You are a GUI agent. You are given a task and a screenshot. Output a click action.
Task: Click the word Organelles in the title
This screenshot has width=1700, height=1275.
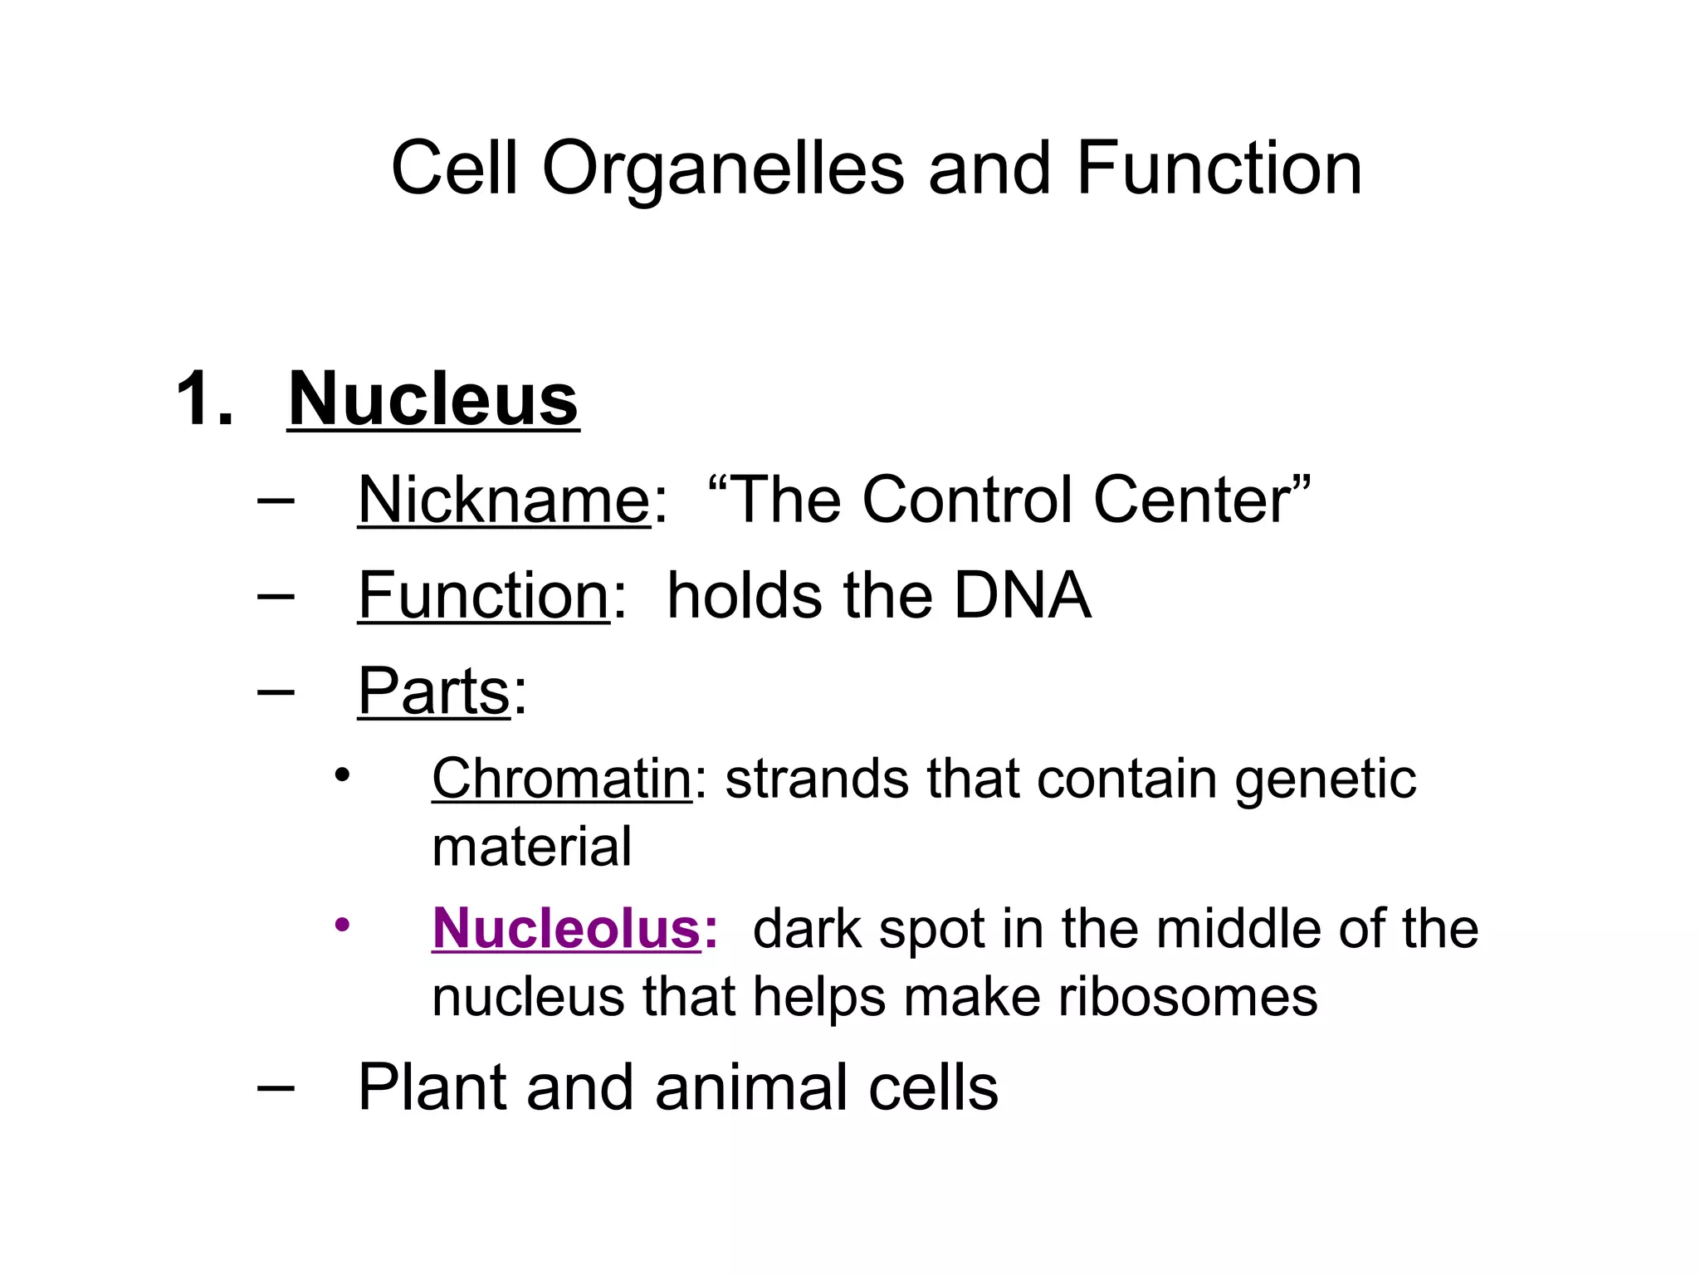click(722, 170)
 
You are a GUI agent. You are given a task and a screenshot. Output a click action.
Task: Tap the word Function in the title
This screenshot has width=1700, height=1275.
click(1219, 169)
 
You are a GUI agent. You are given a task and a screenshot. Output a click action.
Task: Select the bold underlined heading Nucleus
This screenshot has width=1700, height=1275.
click(432, 399)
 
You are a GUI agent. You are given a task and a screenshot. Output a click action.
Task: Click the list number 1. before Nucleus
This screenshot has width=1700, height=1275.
click(204, 399)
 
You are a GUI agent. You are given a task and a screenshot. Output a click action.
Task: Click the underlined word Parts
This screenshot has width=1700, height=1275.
click(433, 691)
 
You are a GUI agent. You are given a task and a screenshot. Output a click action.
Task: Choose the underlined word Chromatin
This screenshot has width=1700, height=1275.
click(561, 779)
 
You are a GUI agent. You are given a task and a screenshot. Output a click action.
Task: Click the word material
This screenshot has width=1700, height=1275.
click(532, 847)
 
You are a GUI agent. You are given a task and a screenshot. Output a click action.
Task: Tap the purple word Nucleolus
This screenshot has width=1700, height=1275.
click(567, 928)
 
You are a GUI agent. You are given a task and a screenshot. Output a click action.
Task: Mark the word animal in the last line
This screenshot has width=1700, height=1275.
click(753, 1087)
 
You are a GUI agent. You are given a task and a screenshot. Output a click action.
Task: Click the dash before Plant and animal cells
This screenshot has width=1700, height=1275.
click(276, 1087)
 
